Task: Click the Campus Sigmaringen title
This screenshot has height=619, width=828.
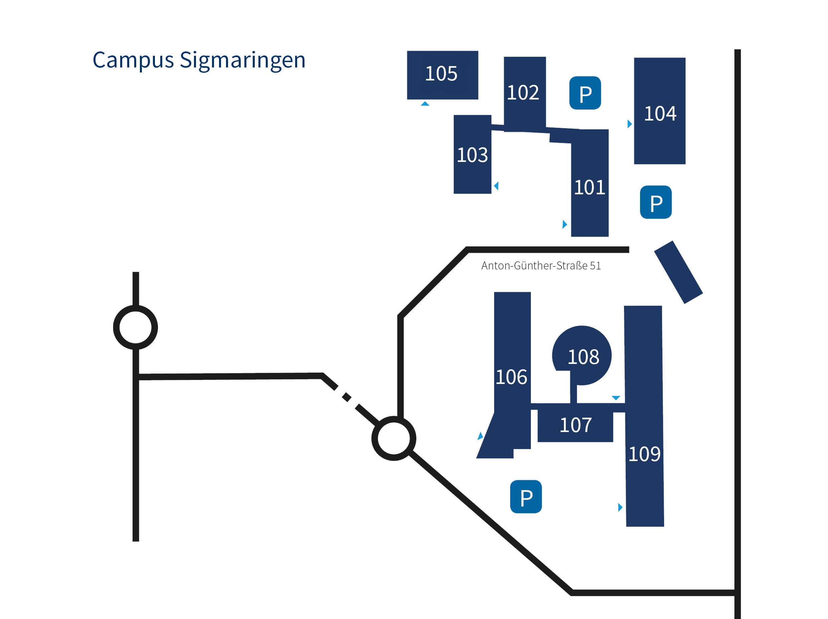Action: tap(199, 60)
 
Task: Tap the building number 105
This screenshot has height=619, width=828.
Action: tap(441, 74)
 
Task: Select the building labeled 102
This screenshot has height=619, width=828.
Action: tap(523, 92)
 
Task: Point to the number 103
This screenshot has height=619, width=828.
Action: tap(472, 155)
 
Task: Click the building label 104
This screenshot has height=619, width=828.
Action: tap(660, 114)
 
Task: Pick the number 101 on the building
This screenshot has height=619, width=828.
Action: tap(589, 188)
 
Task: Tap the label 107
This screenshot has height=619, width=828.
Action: tap(575, 425)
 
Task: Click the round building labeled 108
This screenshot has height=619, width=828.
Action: tap(583, 357)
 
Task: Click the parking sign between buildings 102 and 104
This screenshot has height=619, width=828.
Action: tap(585, 93)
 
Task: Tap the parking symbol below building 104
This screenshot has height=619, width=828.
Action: tap(656, 202)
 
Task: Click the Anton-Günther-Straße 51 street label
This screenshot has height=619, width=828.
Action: tap(541, 266)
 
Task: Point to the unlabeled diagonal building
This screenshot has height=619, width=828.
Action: tap(678, 272)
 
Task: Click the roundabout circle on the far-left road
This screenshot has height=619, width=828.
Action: tap(136, 328)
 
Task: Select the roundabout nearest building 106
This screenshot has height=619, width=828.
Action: tap(393, 438)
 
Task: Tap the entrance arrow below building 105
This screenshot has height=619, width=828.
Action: tap(425, 104)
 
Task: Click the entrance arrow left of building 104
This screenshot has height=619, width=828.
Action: tap(630, 124)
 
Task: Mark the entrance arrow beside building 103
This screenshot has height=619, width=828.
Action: tap(496, 186)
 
